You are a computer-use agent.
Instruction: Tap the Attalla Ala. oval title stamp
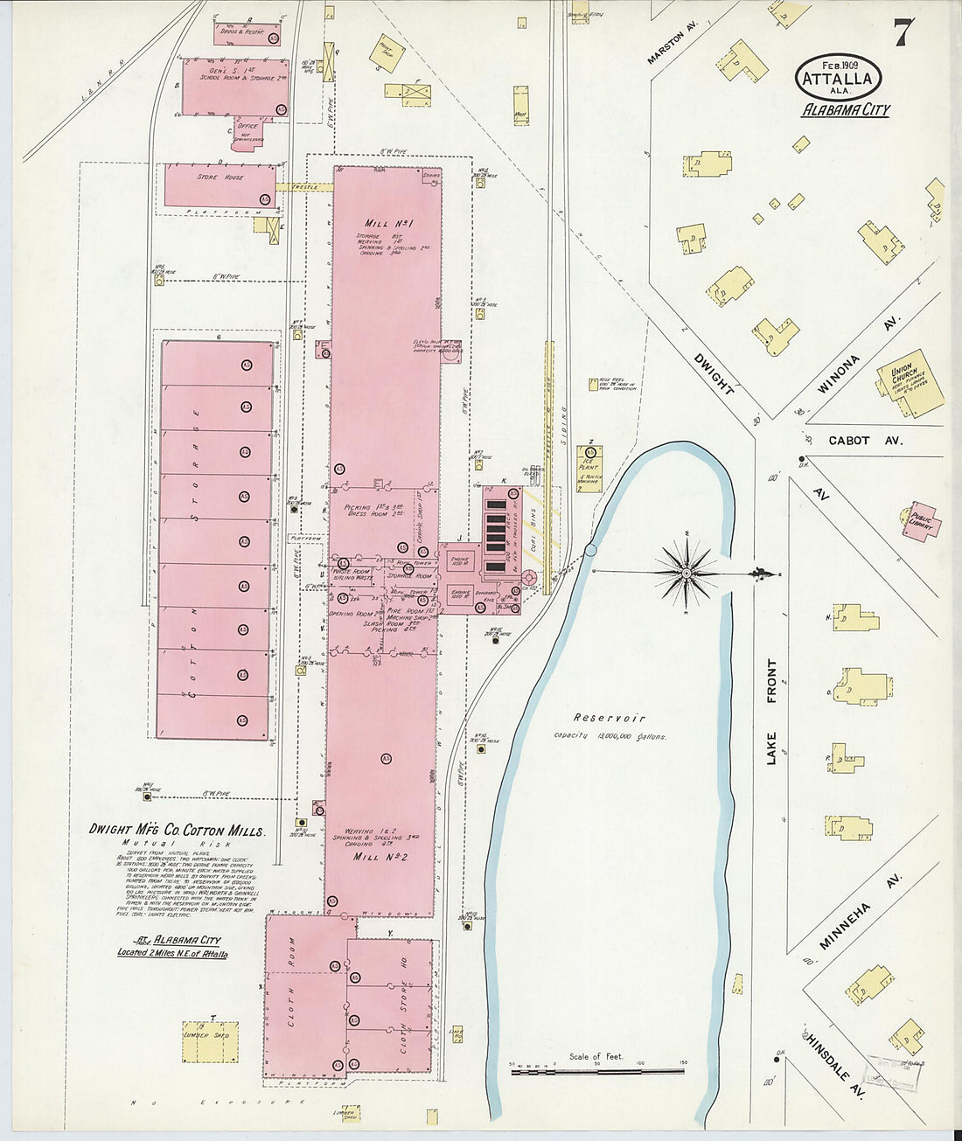838,78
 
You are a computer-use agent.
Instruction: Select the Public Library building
922,521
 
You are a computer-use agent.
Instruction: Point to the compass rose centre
687,573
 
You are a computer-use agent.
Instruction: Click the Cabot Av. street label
861,441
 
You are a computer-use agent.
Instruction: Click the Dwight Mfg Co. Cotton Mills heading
177,831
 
